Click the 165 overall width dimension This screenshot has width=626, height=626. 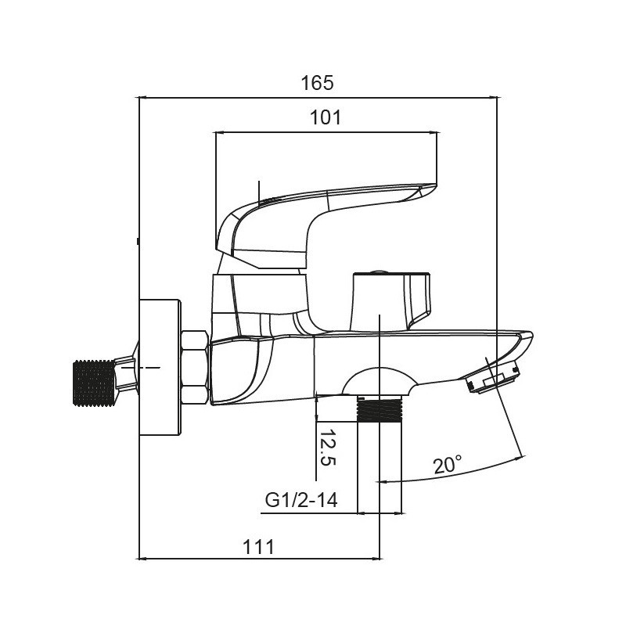pos(318,81)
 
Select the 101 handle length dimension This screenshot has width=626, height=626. pos(326,117)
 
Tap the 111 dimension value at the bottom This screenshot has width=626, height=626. pos(258,546)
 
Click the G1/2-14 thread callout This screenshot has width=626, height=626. pos(301,499)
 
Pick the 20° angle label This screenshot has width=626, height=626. pos(448,466)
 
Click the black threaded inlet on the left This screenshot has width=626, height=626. pos(93,382)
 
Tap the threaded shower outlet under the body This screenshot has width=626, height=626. pos(380,410)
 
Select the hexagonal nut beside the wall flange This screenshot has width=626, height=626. pos(194,368)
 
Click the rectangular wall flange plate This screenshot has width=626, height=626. pos(160,367)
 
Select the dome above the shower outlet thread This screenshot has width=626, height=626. pos(380,383)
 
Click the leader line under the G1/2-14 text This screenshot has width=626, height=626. pos(309,513)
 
